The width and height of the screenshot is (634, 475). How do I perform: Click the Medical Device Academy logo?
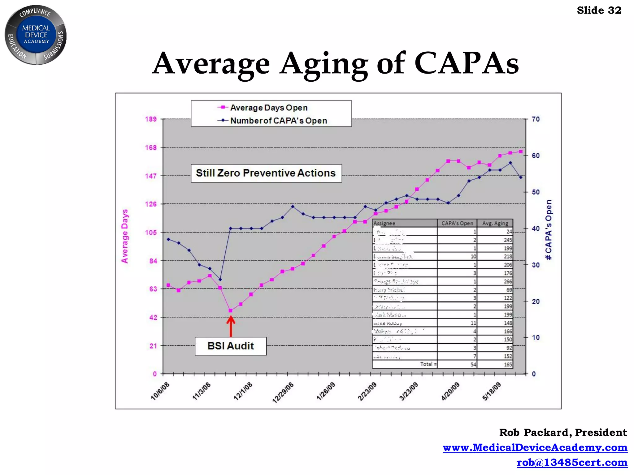tap(36, 35)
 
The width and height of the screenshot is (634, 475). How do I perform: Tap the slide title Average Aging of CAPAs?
tap(335, 63)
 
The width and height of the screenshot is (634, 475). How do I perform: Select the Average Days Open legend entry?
tap(263, 108)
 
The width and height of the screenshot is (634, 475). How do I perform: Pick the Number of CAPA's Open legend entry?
tap(272, 121)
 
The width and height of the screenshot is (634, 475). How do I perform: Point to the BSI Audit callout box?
tap(231, 346)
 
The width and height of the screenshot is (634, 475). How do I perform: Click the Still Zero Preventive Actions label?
tap(266, 173)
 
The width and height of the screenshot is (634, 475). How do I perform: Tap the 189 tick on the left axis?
tap(151, 119)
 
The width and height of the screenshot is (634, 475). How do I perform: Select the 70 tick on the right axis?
tap(536, 119)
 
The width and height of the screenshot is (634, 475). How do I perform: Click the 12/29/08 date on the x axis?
tap(283, 392)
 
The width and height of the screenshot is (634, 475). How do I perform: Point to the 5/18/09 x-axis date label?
tap(492, 391)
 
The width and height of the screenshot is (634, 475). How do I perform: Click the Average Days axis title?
tap(125, 236)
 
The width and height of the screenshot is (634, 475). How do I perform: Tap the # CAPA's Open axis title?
tap(549, 230)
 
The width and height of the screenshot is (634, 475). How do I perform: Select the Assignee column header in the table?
tap(384, 223)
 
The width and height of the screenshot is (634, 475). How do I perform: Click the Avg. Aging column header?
tap(495, 223)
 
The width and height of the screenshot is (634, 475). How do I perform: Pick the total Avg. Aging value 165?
tap(508, 365)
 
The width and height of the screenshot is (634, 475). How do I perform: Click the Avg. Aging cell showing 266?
tap(508, 282)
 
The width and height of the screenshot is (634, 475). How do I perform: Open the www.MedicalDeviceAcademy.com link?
tap(535, 447)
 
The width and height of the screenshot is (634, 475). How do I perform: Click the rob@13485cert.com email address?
tap(572, 462)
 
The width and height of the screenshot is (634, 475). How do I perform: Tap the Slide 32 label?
tap(599, 11)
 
